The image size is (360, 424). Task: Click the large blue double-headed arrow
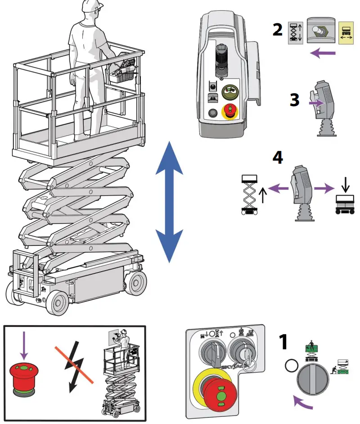[x=169, y=201]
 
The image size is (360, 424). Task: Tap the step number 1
[x=283, y=342]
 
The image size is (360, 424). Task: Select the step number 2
[x=278, y=30]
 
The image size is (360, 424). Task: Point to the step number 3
[x=294, y=100]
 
